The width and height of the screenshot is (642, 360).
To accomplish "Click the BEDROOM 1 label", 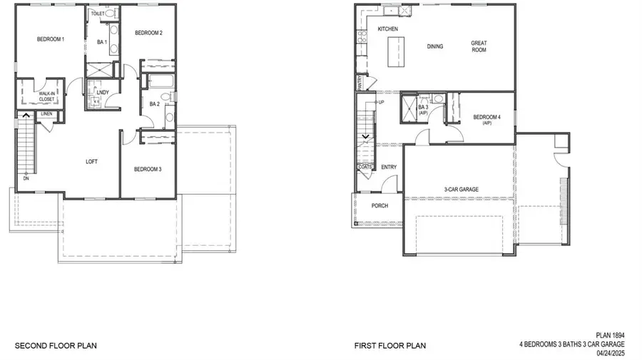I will (51, 39).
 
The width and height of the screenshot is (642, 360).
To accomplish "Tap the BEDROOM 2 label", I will (149, 33).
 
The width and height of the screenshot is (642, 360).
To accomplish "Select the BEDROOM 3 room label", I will (149, 169).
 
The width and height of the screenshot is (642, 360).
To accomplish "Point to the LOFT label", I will (91, 162).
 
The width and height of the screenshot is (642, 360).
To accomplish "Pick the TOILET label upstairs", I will (97, 14).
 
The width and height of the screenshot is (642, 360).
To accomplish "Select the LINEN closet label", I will (46, 114).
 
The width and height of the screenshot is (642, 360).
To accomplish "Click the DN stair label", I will (26, 179).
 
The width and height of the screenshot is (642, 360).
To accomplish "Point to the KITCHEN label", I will (388, 29).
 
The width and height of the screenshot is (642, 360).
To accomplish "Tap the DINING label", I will (435, 47).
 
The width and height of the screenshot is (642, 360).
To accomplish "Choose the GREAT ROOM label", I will (479, 47).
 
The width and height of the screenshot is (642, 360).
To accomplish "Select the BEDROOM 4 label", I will (486, 119).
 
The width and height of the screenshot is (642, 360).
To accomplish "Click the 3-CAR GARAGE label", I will (461, 189).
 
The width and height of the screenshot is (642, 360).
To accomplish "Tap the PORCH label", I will (379, 206).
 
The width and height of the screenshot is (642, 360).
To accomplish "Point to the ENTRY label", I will (389, 168).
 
